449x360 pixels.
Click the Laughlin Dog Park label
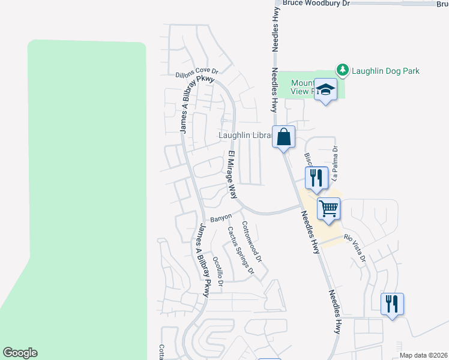tap(386, 71)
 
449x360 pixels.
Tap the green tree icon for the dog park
tap(343, 71)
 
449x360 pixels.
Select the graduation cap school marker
tap(326, 90)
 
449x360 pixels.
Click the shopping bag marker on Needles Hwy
tap(283, 137)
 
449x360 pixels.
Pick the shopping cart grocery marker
tap(328, 209)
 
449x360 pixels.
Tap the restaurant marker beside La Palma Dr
tap(316, 178)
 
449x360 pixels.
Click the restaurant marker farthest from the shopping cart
tap(392, 304)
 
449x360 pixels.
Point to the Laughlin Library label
tap(246, 136)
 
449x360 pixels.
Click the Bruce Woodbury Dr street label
tap(316, 4)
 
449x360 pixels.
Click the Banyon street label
tap(221, 218)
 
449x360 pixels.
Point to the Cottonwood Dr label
tap(252, 241)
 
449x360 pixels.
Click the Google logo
tap(20, 353)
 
